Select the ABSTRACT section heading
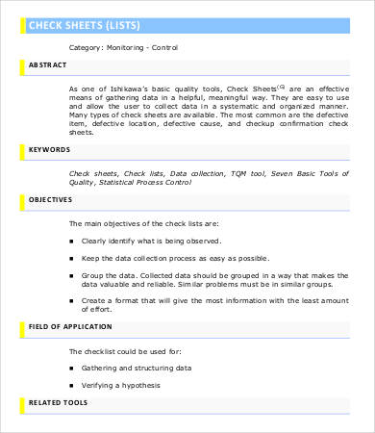tap(48, 66)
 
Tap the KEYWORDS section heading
tap(50, 150)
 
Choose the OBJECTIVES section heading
tap(52, 199)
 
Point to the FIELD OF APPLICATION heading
tap(69, 327)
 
